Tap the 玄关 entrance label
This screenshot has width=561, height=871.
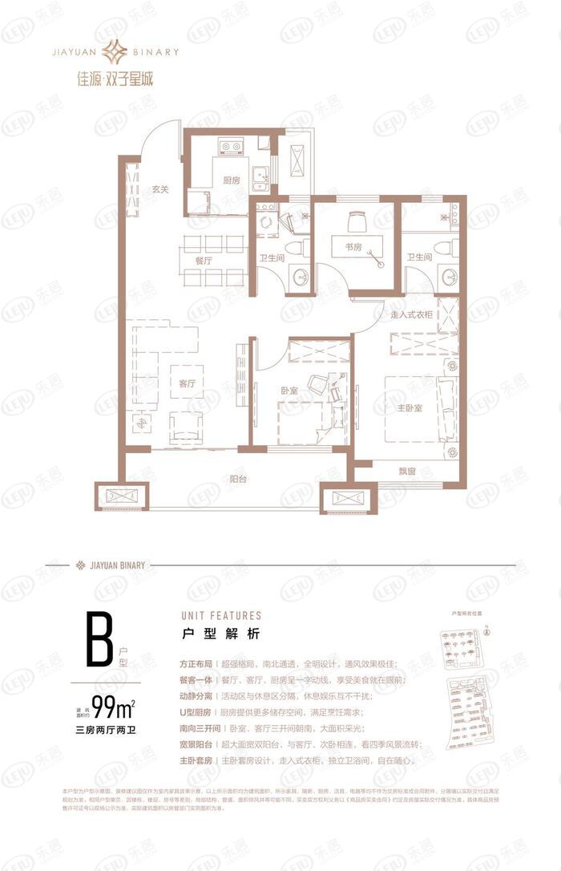(x=160, y=190)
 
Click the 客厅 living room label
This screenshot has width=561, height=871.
(x=188, y=383)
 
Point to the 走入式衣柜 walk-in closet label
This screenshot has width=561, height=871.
(x=412, y=315)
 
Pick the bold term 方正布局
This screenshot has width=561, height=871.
(x=196, y=664)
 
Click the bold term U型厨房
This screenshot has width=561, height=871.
(x=196, y=711)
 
